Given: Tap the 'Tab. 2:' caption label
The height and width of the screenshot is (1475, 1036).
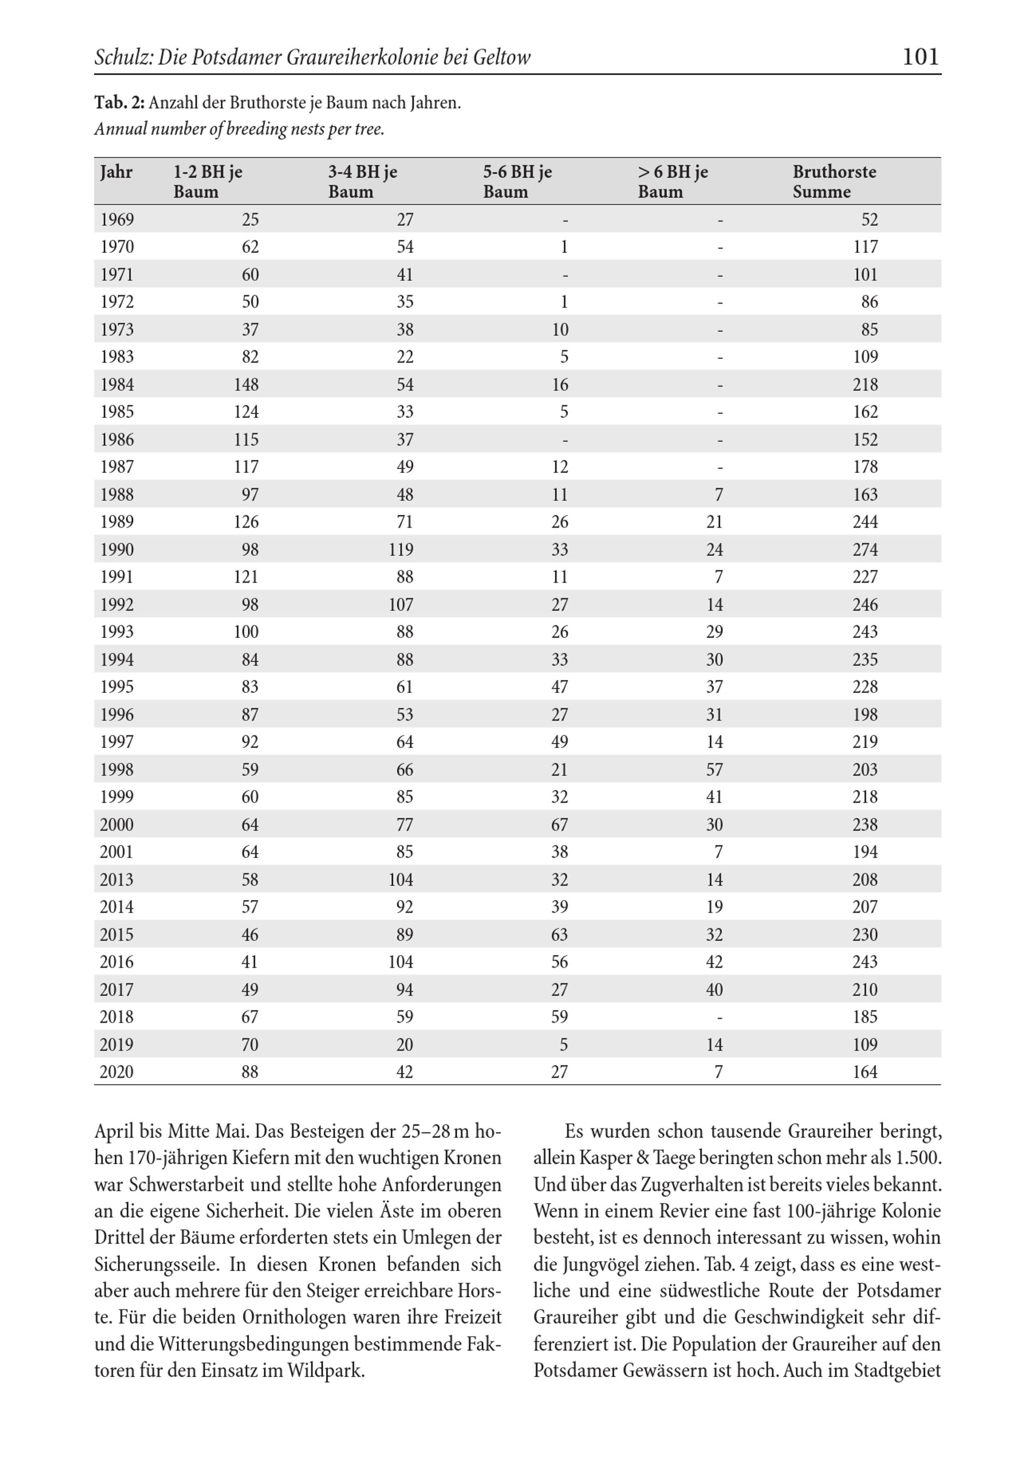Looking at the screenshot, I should tap(120, 103).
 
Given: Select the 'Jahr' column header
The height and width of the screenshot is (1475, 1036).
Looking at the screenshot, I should tap(117, 172).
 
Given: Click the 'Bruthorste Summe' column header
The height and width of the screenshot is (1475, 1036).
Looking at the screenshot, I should tap(833, 182).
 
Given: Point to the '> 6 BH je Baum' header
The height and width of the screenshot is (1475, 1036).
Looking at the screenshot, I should tap(672, 182).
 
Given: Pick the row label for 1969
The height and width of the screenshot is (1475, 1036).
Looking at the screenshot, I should tap(117, 220).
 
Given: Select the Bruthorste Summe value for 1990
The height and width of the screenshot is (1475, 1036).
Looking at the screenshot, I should tap(865, 550).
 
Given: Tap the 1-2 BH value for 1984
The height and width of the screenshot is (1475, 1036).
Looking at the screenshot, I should tap(246, 385).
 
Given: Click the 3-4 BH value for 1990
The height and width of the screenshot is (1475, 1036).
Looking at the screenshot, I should tap(400, 550).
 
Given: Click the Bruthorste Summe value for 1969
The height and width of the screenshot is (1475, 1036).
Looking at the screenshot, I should tap(869, 220).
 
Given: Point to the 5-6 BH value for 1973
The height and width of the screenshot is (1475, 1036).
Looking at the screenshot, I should tap(559, 329).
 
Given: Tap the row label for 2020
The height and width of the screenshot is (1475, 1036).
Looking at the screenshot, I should tap(117, 1072).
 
